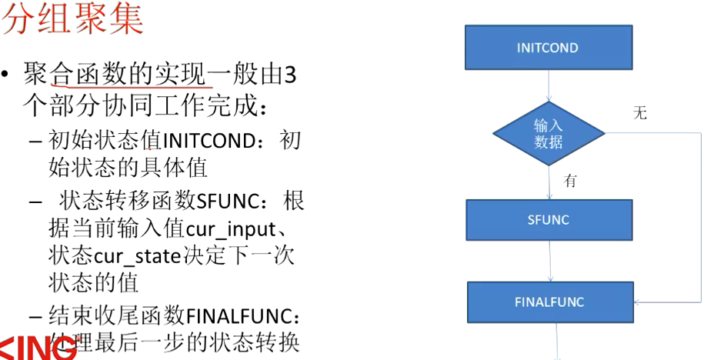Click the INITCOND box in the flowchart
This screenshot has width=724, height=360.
(548, 48)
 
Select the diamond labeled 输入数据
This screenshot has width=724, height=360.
(548, 133)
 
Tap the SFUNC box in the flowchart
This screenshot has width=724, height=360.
(549, 220)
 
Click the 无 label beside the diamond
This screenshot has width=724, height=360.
(639, 114)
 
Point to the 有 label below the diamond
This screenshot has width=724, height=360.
(570, 182)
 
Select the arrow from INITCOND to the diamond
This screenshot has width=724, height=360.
(548, 85)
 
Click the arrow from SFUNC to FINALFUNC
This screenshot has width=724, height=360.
(549, 262)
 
